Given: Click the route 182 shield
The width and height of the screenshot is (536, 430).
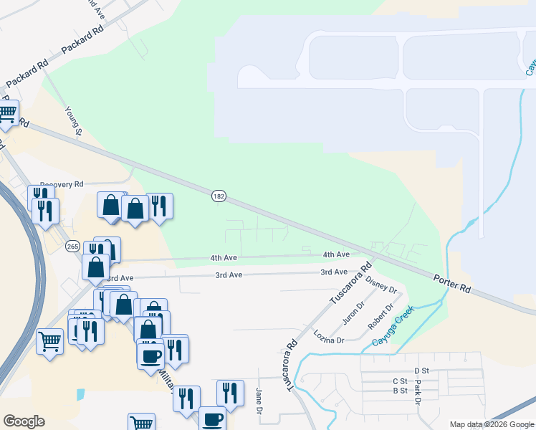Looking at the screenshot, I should coord(219,196).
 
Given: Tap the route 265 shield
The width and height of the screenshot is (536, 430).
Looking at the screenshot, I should coord(72,246).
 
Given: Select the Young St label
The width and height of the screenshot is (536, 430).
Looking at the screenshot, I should coord(75,120).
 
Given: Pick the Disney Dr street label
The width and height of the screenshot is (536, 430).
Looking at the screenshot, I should coord(381,283).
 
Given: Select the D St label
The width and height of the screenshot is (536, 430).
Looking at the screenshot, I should coord(420,371).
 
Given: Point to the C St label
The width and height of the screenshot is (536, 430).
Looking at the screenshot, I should coord(400,381).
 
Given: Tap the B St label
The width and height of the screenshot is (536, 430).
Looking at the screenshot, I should coord(400,391).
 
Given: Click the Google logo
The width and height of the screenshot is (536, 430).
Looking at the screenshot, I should coord(24,421).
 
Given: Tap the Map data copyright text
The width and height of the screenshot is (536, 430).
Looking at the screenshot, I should coord(492,424).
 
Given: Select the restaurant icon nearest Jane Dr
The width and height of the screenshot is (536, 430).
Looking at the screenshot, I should coord(230,393).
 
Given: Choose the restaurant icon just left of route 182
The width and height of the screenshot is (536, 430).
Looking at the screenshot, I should coord(160,206).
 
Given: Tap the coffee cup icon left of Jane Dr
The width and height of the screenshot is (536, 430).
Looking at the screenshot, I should coord(212,419).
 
